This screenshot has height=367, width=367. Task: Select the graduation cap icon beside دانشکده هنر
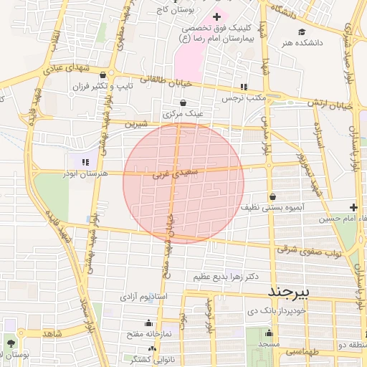click(302, 32)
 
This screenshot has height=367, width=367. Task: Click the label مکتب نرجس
click(244, 97)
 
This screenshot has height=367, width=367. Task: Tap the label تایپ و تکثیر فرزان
click(101, 85)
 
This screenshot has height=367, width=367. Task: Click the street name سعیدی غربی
click(173, 173)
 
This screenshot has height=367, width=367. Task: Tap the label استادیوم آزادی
click(143, 295)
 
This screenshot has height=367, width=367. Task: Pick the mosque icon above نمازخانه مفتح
click(148, 323)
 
